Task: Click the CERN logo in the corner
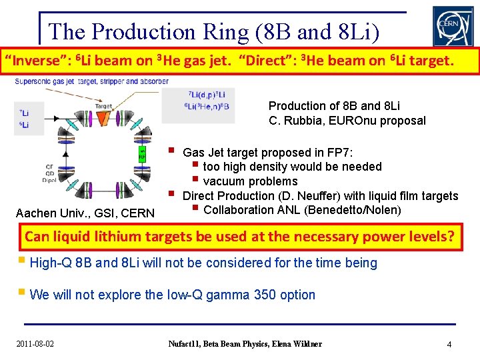coord(453,27)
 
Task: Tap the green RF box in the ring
coord(142,155)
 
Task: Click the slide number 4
coord(449,345)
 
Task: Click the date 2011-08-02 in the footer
coord(35,344)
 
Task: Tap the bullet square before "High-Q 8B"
coord(23,262)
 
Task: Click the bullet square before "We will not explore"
coord(23,294)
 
